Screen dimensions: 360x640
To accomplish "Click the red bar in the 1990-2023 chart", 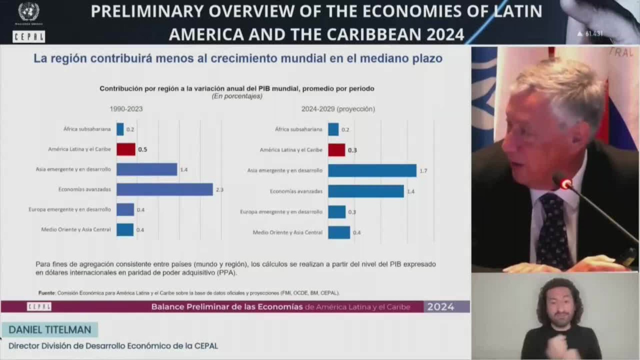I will coord(126,149).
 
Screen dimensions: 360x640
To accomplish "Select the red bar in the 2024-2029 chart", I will coord(336,150).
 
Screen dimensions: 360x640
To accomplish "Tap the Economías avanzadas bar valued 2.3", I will coord(164,189).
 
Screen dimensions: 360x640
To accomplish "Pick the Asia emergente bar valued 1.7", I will coord(372,171).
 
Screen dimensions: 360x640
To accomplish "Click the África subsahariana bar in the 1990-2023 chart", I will coord(120,129).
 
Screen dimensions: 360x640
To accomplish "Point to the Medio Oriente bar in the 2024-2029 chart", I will coord(339,232).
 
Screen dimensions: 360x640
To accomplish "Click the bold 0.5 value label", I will coord(143,150).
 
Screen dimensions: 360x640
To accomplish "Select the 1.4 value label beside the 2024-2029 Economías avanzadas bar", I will coord(411,192).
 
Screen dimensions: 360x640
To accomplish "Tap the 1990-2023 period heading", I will coord(126,109).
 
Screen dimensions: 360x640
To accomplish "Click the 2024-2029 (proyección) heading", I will coord(338,109).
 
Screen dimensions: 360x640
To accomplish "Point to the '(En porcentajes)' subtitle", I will coord(237,96).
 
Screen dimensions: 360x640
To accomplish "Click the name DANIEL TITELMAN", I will coord(50,330).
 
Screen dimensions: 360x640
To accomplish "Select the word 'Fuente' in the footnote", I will coord(47,293).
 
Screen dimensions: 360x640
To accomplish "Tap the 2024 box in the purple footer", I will coord(441,307).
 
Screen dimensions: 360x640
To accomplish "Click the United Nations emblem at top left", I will coord(29,12).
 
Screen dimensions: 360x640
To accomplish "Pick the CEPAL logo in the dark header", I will coord(29,37).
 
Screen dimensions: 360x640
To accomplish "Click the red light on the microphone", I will coord(565,184).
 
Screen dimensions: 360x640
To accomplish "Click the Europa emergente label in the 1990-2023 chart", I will coord(70,210).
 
